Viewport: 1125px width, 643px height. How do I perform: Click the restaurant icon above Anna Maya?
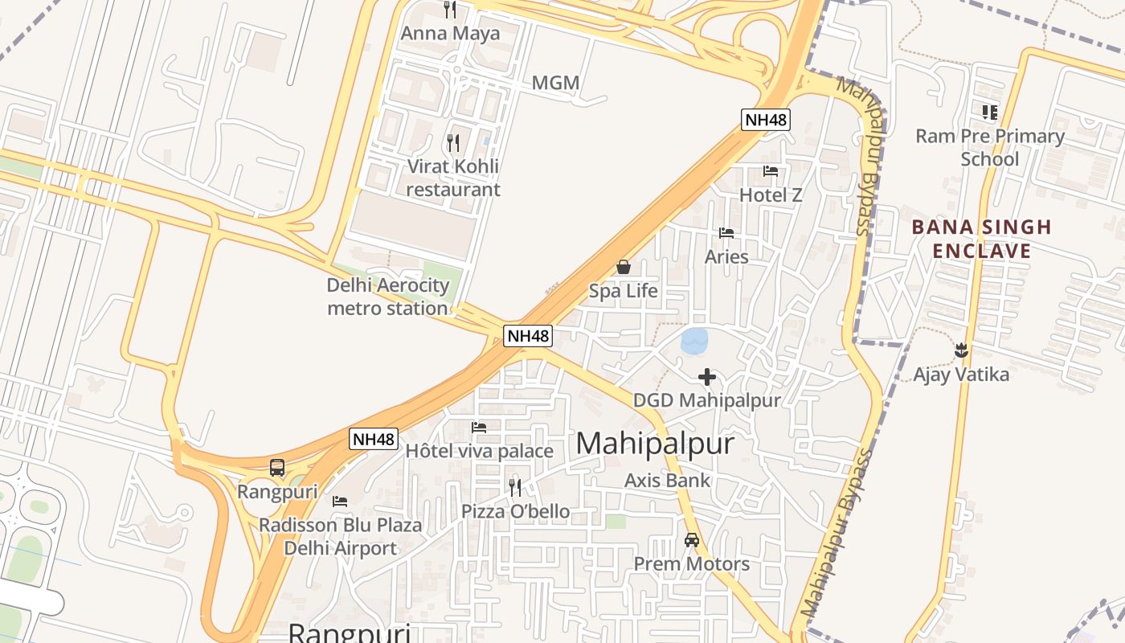[x=450, y=10]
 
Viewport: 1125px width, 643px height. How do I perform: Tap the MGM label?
[x=555, y=83]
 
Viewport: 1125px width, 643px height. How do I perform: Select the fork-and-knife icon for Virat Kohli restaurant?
[x=453, y=143]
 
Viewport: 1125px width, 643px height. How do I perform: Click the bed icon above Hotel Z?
[x=771, y=171]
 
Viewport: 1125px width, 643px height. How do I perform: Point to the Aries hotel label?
[x=726, y=256]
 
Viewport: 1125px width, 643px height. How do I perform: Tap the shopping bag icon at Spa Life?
[x=624, y=267]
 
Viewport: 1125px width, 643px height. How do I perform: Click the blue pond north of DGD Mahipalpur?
[x=694, y=341]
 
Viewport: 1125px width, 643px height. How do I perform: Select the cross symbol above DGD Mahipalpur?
[x=707, y=376]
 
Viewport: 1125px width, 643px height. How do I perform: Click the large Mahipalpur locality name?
[x=655, y=444]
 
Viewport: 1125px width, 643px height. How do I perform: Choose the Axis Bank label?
[x=668, y=480]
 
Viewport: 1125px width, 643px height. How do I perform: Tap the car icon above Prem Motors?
[x=692, y=540]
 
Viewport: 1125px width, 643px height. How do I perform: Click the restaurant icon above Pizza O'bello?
[x=515, y=487]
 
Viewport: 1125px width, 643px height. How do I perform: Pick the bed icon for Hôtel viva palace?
[x=480, y=428]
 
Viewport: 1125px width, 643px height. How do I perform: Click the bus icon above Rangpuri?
[x=277, y=467]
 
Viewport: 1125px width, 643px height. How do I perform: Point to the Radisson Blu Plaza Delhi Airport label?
[x=340, y=536]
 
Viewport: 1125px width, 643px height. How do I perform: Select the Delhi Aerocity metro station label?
[x=388, y=297]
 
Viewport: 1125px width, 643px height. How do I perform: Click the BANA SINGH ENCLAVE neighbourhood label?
[x=982, y=239]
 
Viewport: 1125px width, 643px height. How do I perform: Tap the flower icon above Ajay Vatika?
[x=961, y=350]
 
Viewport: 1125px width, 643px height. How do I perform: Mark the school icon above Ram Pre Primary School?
[x=990, y=113]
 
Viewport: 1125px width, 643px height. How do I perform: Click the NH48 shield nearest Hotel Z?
[x=766, y=121]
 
